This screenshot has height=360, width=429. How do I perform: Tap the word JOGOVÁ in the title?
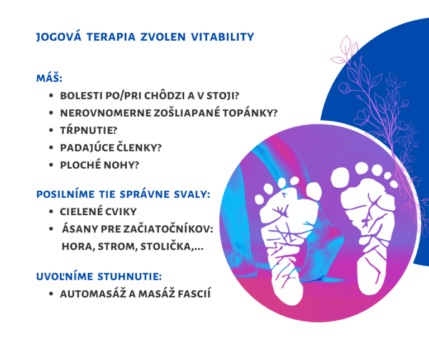[59, 37]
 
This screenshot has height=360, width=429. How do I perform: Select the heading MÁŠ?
[49, 78]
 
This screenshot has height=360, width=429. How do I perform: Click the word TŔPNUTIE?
[88, 130]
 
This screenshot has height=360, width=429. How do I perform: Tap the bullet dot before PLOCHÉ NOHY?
[51, 165]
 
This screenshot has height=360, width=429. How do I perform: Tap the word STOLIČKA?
[167, 247]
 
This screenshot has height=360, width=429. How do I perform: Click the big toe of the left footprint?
[313, 191]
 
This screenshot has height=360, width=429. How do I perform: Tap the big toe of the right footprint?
[340, 178]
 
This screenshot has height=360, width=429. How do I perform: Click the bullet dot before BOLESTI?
[51, 96]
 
